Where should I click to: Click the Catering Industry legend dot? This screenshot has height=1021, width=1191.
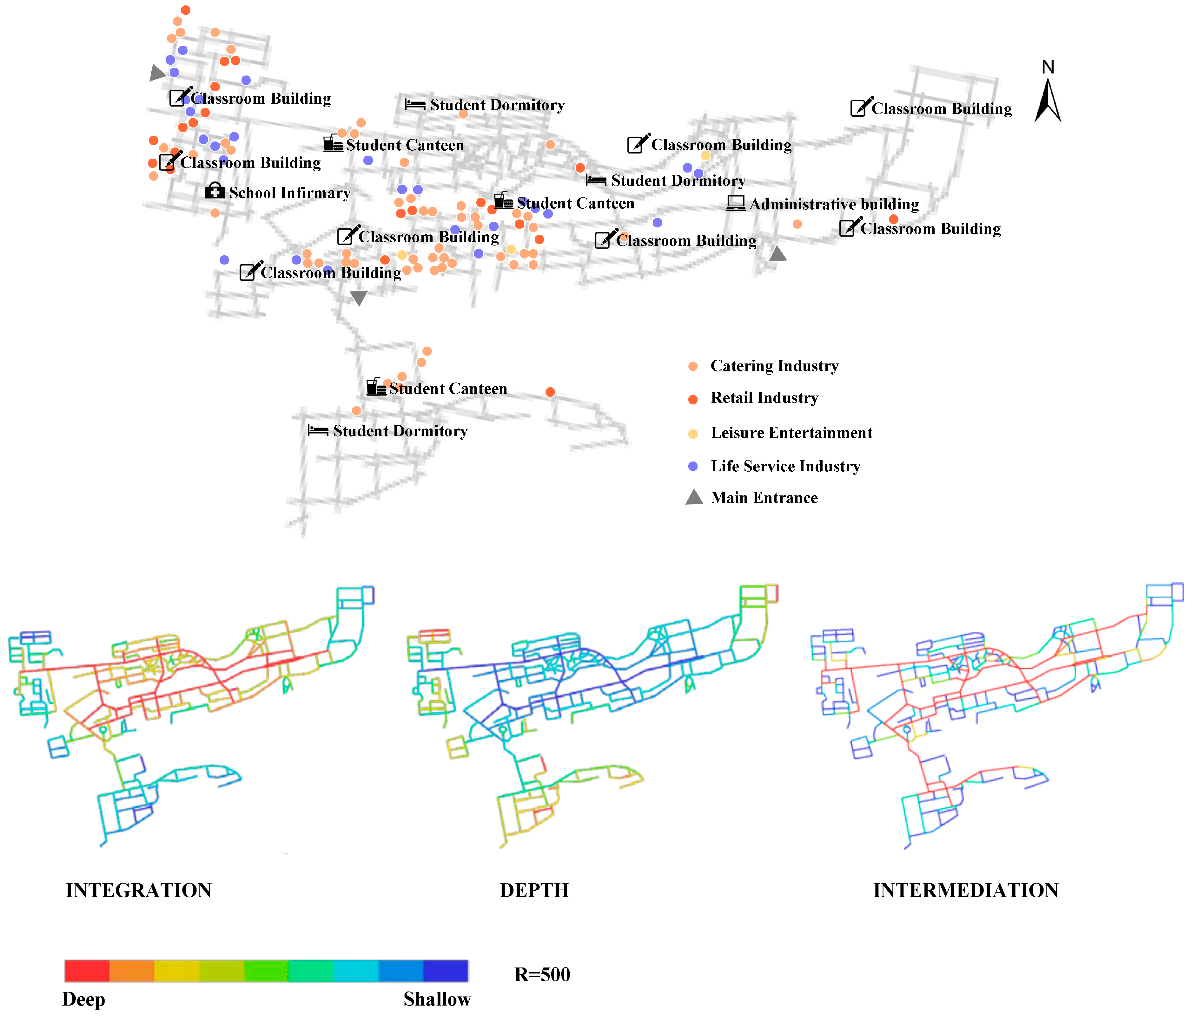(x=693, y=366)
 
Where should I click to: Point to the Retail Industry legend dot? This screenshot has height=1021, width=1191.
(x=693, y=399)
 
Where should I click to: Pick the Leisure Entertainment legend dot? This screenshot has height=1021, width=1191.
(x=693, y=433)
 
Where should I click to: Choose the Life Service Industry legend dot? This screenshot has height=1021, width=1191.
(x=693, y=466)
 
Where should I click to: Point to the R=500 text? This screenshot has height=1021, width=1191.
(x=542, y=974)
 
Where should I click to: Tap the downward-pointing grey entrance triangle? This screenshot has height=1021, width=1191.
(x=359, y=297)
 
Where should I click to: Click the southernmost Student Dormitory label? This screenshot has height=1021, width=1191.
(x=400, y=431)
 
